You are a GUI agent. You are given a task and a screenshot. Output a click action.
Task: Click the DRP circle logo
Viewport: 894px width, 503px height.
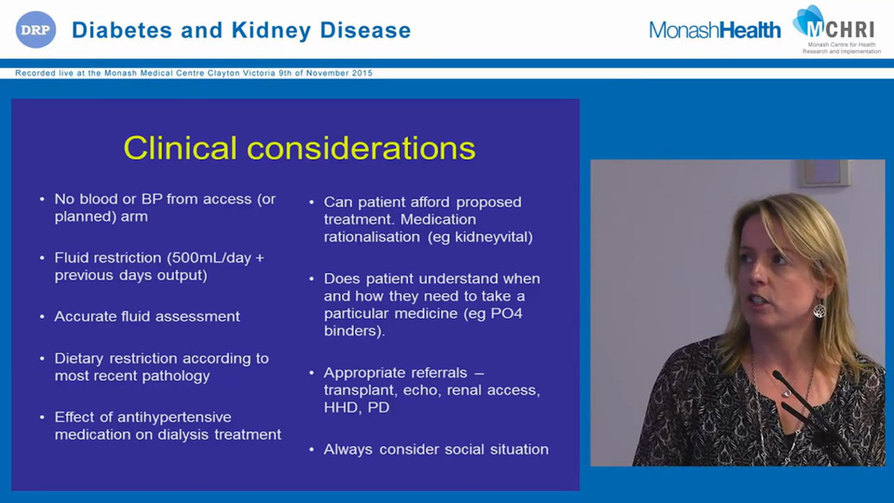click(36, 30)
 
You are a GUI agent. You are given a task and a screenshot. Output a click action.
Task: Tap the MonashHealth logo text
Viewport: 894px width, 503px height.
click(715, 29)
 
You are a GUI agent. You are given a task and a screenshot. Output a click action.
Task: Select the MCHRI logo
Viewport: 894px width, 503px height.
click(834, 28)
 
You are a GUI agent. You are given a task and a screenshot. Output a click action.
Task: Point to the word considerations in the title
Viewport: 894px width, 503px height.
click(361, 148)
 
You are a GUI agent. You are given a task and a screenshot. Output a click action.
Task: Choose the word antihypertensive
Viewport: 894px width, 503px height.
click(174, 416)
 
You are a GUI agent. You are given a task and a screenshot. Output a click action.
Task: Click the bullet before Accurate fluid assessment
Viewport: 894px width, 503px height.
click(43, 316)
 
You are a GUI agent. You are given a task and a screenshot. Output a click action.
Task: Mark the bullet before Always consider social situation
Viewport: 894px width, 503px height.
click(312, 450)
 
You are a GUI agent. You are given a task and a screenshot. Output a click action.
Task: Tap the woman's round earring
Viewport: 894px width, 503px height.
click(819, 309)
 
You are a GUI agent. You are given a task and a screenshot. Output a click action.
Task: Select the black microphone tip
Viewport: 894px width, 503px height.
click(777, 377)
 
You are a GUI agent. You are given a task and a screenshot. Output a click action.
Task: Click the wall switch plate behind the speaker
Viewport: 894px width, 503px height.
click(826, 173)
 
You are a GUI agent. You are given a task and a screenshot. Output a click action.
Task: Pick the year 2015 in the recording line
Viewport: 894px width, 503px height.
click(361, 73)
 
